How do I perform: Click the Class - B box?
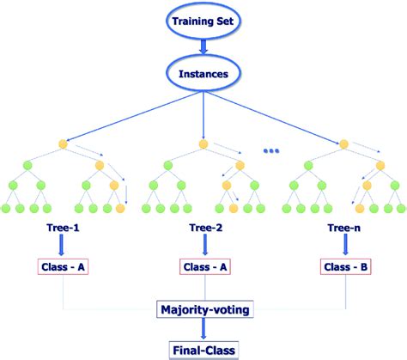[345, 267]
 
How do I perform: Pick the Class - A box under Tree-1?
[62, 267]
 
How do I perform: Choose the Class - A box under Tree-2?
[203, 267]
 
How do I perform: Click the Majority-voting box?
[203, 307]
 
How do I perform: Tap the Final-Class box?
[203, 348]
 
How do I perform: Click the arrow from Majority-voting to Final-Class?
[203, 327]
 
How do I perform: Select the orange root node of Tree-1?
[62, 143]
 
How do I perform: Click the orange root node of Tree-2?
[203, 143]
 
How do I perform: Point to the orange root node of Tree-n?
[343, 143]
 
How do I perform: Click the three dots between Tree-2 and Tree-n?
[272, 152]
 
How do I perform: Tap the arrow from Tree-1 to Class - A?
[62, 247]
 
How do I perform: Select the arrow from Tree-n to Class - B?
[345, 247]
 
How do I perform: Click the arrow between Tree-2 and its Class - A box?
[203, 247]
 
